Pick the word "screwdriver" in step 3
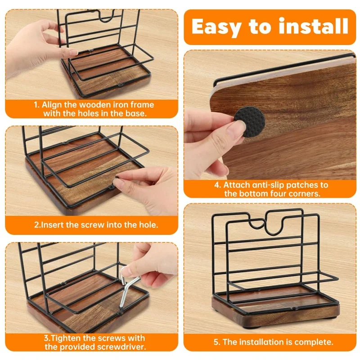click(x=123, y=347)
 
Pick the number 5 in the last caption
click(x=216, y=342)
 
